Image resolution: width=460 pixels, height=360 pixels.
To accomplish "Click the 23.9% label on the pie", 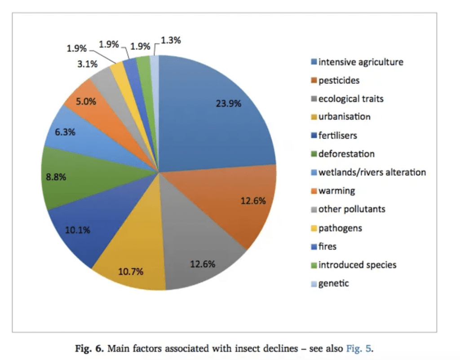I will [x=228, y=104].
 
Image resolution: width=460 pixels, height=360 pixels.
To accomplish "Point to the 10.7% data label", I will [x=130, y=271].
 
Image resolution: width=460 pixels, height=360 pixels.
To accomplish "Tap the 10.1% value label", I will [x=77, y=230].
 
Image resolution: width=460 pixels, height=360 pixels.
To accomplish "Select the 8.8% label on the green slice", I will [x=56, y=177].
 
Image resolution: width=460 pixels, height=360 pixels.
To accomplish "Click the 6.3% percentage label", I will [x=65, y=132].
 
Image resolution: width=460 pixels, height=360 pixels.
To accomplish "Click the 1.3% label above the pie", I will [x=171, y=40].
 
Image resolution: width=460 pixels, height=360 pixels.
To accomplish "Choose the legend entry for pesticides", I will [x=339, y=81].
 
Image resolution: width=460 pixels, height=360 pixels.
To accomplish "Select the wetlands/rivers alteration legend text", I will [x=372, y=172].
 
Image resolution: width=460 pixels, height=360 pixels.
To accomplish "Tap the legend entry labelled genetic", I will [x=333, y=283].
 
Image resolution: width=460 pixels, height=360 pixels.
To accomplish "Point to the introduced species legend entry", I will [x=357, y=265].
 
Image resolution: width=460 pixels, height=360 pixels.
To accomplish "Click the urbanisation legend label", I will [x=344, y=117].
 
